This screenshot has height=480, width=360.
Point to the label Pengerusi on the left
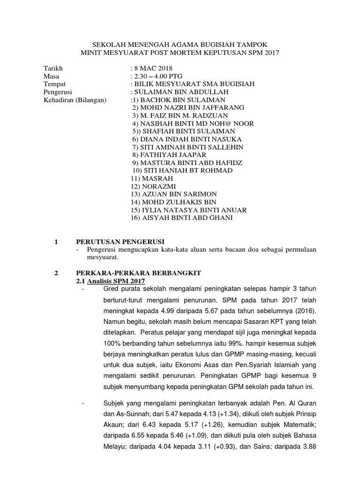58,92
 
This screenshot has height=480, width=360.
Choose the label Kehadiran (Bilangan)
75,100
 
